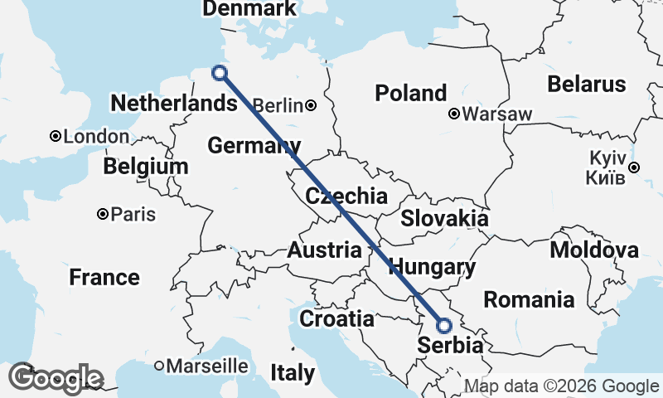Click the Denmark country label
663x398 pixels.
(x=249, y=9)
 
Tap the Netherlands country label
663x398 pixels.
(x=173, y=104)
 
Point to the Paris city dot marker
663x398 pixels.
(x=102, y=214)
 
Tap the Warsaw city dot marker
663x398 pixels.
(x=454, y=114)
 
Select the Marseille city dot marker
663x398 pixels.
(x=159, y=366)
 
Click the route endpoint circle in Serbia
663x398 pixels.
(x=443, y=326)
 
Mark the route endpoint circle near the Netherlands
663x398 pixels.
(x=220, y=73)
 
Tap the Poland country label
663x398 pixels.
(x=411, y=93)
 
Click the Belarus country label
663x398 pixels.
(x=586, y=84)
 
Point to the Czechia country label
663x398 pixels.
(x=346, y=197)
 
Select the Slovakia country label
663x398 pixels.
(x=444, y=219)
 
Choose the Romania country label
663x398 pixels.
(x=529, y=298)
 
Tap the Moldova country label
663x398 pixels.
(x=594, y=250)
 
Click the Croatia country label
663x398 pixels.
(x=336, y=318)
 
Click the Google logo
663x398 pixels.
(x=56, y=378)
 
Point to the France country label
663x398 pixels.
(x=104, y=277)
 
